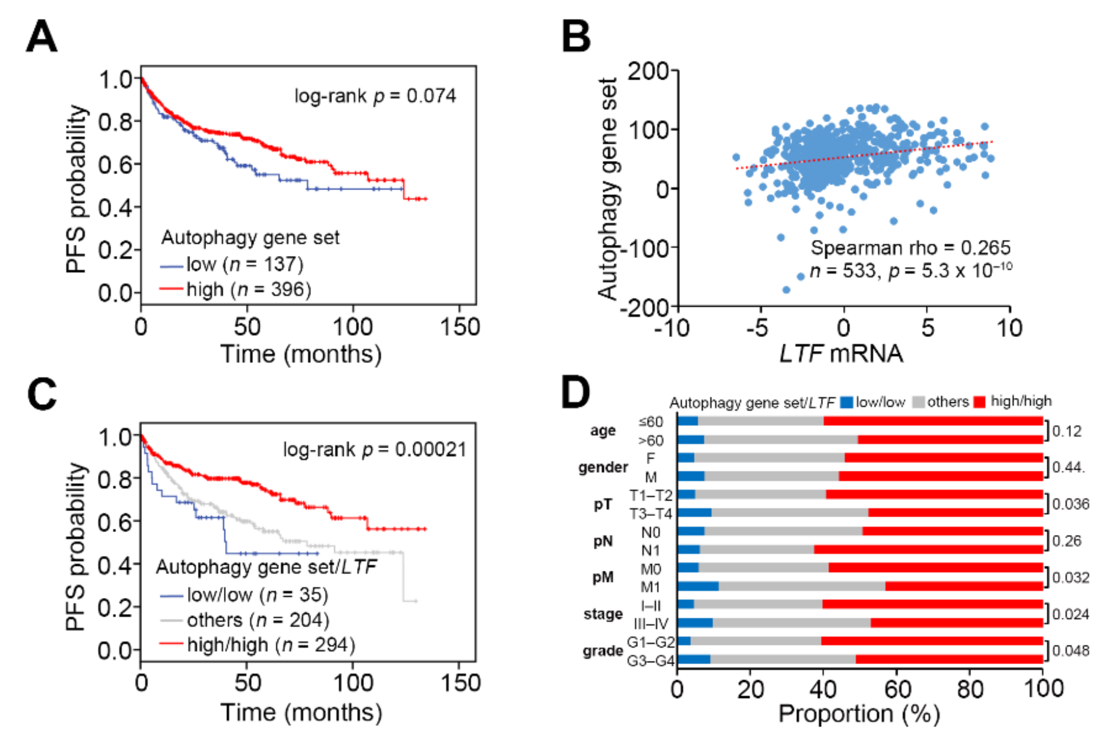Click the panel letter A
click(x=42, y=37)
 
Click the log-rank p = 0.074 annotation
click(x=375, y=96)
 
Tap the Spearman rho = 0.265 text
click(x=910, y=248)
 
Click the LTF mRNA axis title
click(x=841, y=354)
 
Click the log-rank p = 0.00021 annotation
click(x=375, y=449)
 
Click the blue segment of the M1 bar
click(x=698, y=586)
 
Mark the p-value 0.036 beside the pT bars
click(x=1070, y=504)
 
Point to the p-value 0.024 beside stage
click(x=1070, y=614)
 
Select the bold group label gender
click(x=603, y=468)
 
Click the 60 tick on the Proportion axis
click(x=897, y=689)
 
